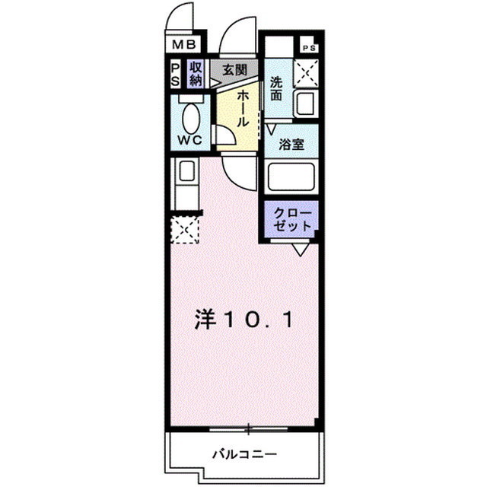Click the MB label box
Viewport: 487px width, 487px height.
[183, 43]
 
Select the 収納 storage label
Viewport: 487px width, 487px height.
[196, 73]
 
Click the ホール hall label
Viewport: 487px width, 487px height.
[242, 108]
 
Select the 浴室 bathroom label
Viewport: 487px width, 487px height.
[291, 145]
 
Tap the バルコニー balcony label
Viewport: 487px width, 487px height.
[243, 454]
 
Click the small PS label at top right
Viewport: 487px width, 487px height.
[308, 47]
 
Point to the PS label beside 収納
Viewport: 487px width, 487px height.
[175, 74]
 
